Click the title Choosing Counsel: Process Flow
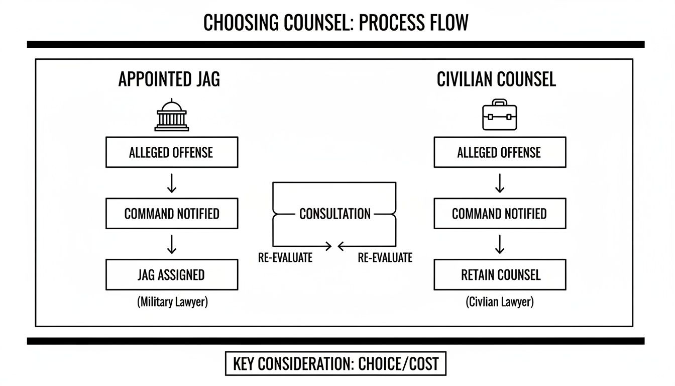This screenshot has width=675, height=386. coord(335,23)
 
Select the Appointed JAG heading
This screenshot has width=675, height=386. coord(169,79)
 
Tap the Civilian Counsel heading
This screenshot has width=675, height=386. coord(496,79)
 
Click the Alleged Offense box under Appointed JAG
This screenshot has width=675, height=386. coord(172,153)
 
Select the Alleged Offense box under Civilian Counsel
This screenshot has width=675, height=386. coord(499,153)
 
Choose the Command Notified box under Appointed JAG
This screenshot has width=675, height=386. coord(172,214)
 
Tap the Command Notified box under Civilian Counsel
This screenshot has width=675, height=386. coord(499,214)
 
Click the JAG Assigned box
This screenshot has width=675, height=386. coord(172,275)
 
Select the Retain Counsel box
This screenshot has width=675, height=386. coord(499,275)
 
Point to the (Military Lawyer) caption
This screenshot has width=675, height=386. coord(172,303)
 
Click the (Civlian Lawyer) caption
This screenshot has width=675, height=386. coord(499,303)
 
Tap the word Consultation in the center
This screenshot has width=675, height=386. coord(334,214)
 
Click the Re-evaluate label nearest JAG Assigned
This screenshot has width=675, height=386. coord(285,258)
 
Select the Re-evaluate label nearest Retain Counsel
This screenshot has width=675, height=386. coord(385,258)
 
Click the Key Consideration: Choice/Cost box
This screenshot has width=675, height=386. coord(335,363)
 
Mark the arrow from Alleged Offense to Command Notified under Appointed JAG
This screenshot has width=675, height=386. coord(172,183)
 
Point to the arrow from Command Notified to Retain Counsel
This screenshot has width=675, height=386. coord(499,244)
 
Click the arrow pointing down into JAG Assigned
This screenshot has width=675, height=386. coord(172,244)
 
